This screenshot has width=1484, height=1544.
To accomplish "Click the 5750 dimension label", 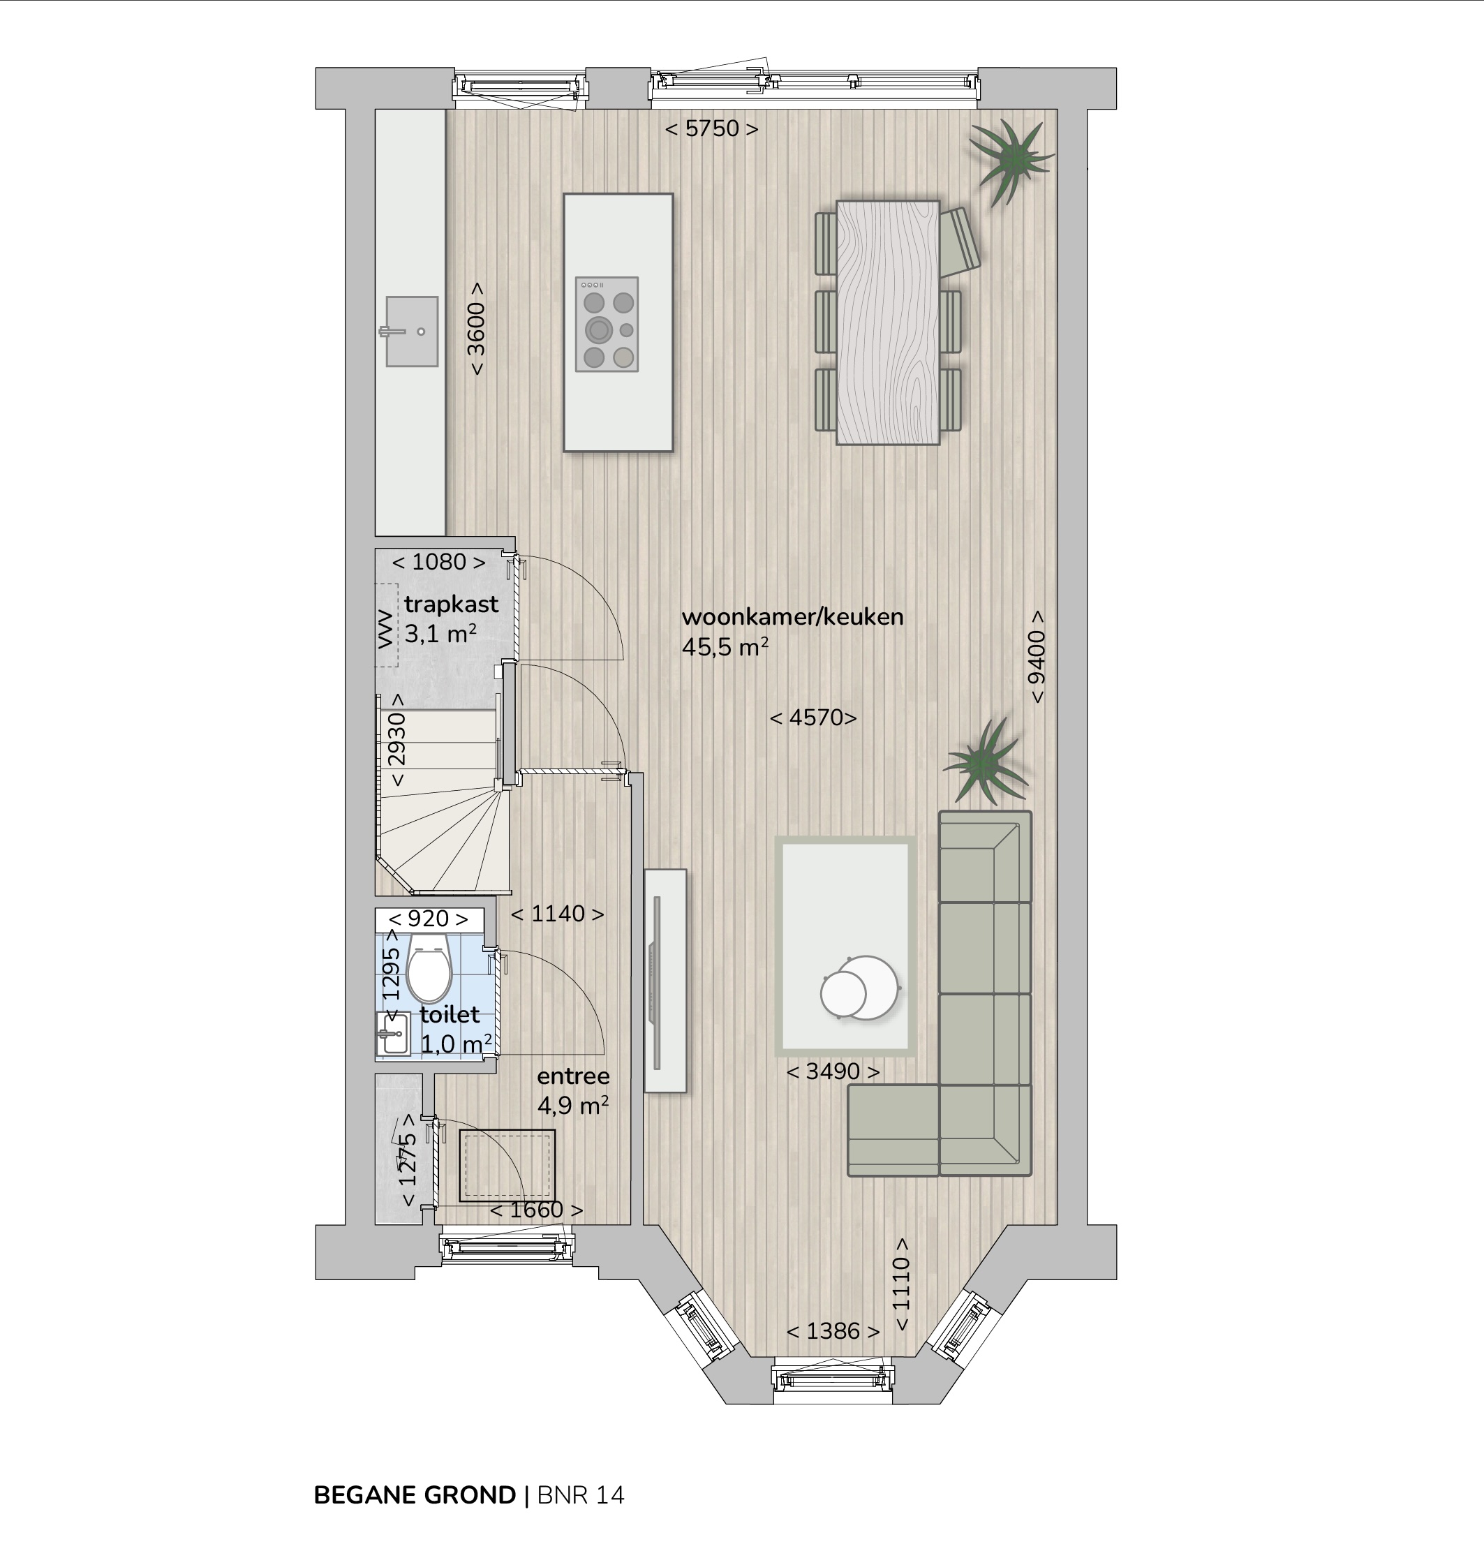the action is click(711, 128).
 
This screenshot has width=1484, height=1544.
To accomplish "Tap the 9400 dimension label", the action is click(1037, 656).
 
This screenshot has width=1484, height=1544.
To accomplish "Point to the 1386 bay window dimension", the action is click(833, 1330).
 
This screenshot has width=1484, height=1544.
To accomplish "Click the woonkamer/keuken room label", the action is click(792, 617).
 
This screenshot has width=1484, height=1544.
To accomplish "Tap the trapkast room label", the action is click(452, 604).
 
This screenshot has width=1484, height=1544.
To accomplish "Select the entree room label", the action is click(574, 1076).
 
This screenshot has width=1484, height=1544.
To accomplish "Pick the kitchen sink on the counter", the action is click(412, 332).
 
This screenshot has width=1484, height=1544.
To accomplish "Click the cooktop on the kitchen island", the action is click(607, 325).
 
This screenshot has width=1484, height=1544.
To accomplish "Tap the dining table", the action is click(888, 322).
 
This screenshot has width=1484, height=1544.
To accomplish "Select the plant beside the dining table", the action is click(1011, 161).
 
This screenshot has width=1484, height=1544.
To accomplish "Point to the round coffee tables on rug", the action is click(859, 988).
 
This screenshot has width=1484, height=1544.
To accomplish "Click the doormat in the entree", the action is click(507, 1166).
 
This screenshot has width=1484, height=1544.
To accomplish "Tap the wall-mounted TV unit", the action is click(665, 980).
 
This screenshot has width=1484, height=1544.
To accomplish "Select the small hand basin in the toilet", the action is click(393, 1033).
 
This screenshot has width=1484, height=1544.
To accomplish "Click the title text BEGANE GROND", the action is click(415, 1495).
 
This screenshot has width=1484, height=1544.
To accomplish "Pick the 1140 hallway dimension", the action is click(558, 914).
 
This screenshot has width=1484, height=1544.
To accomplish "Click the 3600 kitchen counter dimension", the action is click(476, 329).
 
